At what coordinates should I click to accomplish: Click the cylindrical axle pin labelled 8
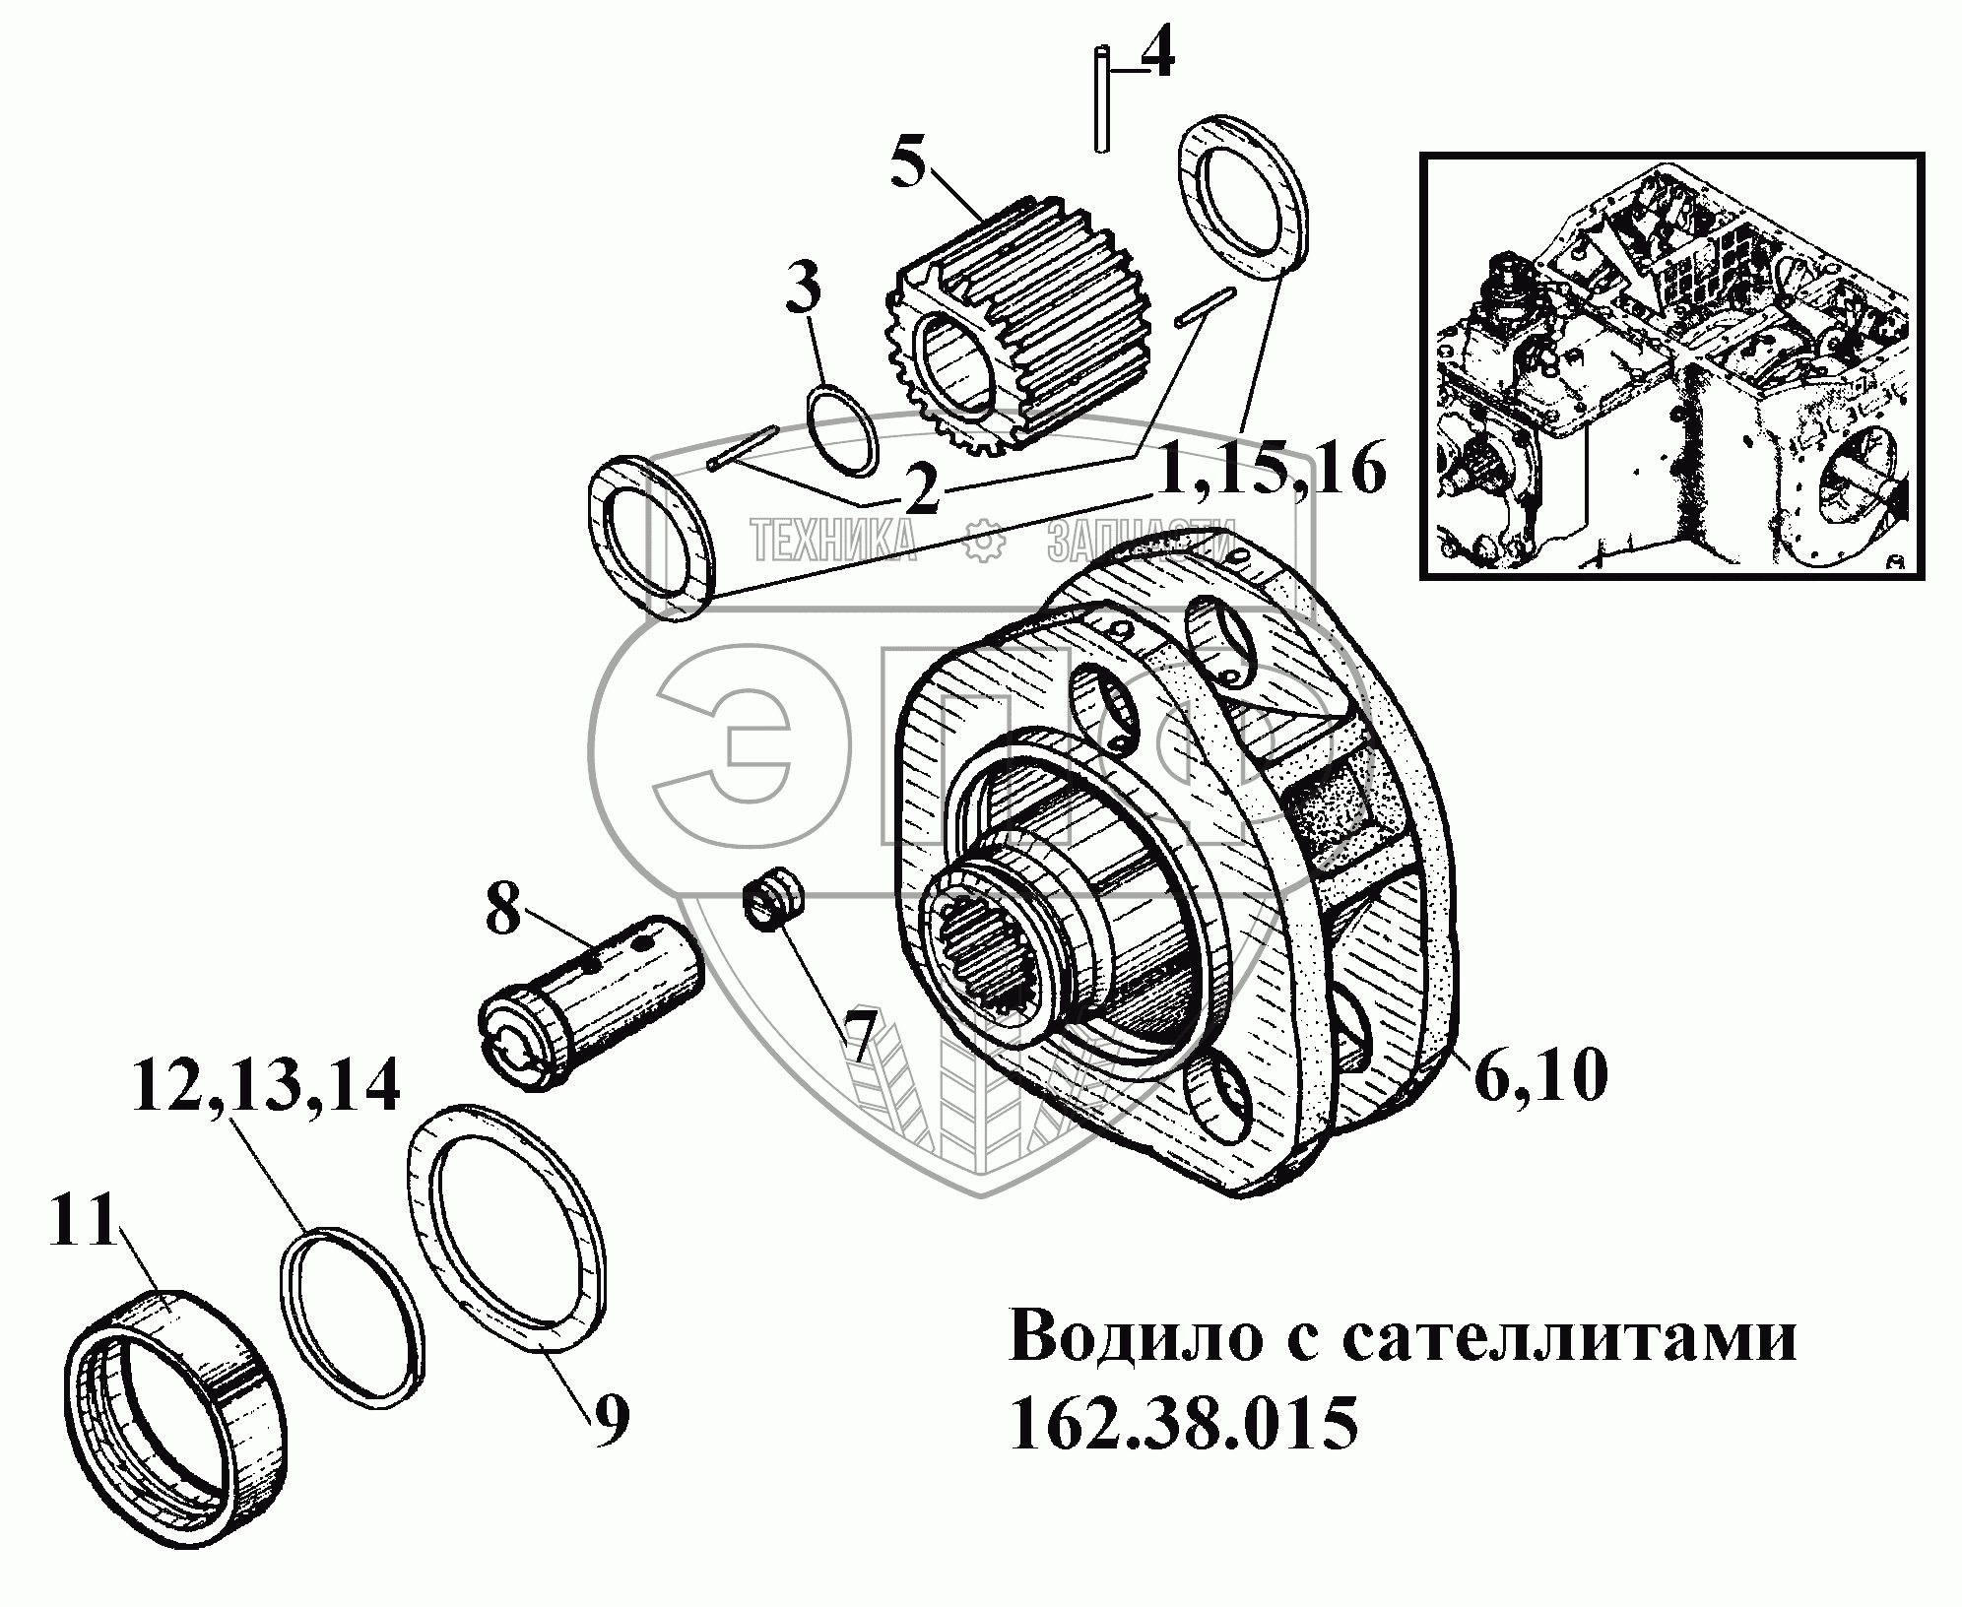coord(591,995)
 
